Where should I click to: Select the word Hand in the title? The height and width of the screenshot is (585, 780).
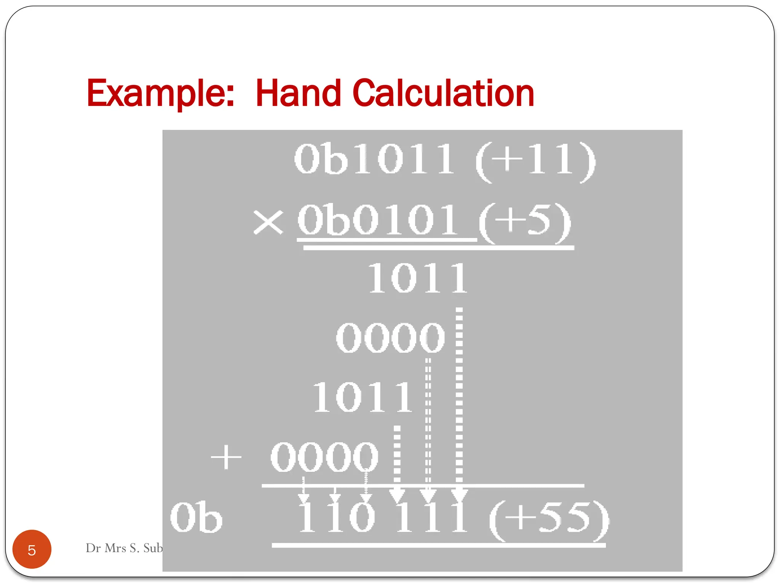[298, 93]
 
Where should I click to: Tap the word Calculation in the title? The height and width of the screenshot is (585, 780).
[443, 93]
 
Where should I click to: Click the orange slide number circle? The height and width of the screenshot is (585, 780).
[32, 549]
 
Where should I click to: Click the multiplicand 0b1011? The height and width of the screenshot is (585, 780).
[374, 159]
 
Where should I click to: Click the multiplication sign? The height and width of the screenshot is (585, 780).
[268, 222]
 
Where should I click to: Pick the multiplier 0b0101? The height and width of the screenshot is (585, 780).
[377, 220]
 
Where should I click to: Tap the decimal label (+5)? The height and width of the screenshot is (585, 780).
[524, 222]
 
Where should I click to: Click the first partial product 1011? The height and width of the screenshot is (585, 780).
[417, 279]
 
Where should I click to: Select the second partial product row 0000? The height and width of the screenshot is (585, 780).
[390, 337]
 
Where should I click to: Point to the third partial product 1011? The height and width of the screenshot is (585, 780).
[362, 398]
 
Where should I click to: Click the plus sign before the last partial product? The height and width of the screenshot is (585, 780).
[226, 457]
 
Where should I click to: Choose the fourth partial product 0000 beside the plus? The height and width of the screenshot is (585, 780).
[324, 457]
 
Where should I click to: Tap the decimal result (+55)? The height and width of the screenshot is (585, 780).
[549, 519]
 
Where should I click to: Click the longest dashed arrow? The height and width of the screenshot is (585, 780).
[459, 404]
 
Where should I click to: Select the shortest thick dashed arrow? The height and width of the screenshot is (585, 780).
[397, 463]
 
